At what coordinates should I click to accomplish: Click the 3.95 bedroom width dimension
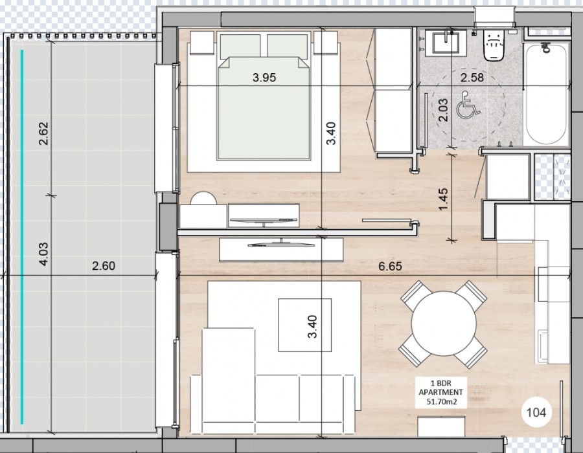tap(264, 78)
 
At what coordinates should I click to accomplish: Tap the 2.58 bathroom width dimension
tap(472, 78)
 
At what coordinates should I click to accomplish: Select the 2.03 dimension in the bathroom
tap(443, 110)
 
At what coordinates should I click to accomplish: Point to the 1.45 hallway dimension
tap(443, 200)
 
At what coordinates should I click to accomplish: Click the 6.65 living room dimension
tap(390, 266)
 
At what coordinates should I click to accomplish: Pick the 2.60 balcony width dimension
tap(104, 266)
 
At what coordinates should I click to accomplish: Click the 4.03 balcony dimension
tap(43, 254)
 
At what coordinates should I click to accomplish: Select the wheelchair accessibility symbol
tap(468, 105)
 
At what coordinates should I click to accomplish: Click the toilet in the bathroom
tap(494, 45)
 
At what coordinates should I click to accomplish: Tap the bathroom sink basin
tap(446, 43)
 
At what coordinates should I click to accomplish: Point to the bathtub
tap(546, 94)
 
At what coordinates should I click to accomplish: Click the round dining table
tap(444, 324)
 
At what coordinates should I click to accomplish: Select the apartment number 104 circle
tap(536, 412)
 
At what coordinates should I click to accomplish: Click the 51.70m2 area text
tap(441, 401)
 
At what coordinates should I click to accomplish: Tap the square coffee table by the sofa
tap(305, 325)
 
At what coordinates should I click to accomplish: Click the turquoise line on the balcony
tap(22, 236)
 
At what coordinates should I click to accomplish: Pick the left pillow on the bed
tap(240, 46)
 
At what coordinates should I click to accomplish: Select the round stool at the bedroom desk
tap(203, 198)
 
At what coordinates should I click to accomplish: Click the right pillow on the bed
tap(288, 46)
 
